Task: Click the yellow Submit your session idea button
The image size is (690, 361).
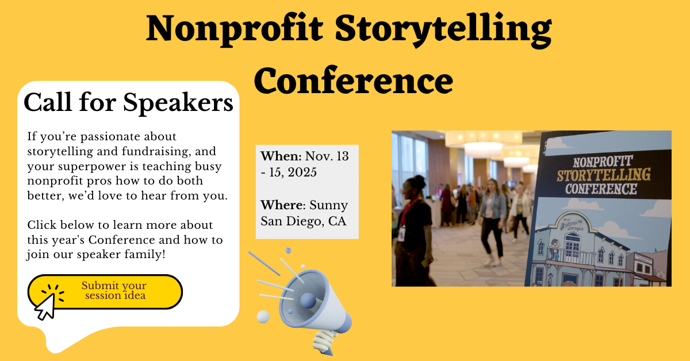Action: pyautogui.click(x=105, y=291)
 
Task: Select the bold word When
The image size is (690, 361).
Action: pyautogui.click(x=281, y=156)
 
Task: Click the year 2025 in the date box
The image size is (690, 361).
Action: pyautogui.click(x=302, y=172)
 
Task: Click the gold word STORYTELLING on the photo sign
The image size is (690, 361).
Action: pyautogui.click(x=604, y=175)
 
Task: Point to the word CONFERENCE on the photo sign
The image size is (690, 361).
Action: pyautogui.click(x=601, y=189)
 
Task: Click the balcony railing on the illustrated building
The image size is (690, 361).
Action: pyautogui.click(x=571, y=256)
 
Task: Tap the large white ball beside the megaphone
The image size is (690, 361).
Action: pyautogui.click(x=263, y=317)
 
